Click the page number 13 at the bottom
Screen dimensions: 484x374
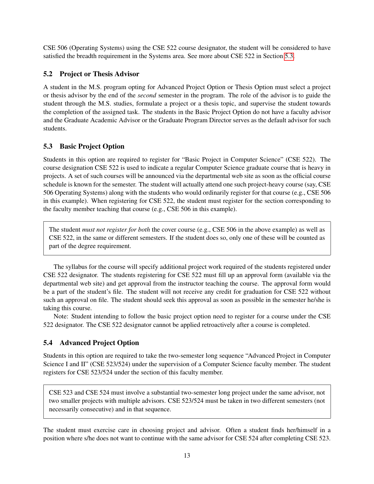[x=187, y=455]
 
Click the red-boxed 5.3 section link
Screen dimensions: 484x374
[x=289, y=56]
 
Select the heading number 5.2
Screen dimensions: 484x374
[x=48, y=74]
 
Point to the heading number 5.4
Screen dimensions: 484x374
[x=48, y=343]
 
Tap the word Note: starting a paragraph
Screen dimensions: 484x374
[x=61, y=316]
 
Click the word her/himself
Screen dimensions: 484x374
[x=297, y=430]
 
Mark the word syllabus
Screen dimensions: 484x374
[x=76, y=267]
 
